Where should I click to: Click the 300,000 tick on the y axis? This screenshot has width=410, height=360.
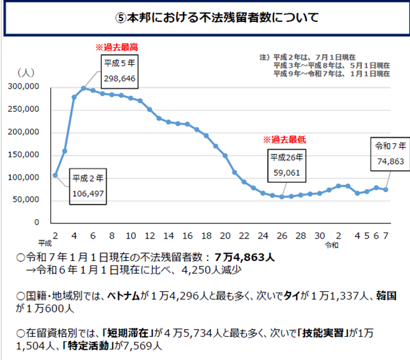25,87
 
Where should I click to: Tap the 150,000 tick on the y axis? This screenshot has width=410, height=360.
25,155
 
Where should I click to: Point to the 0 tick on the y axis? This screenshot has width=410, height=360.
36,223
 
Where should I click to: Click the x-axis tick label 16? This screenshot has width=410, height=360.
187,236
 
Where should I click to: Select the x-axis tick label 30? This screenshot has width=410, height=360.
320,236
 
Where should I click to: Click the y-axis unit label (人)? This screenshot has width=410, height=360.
26,72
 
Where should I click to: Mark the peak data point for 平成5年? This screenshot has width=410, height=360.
84,88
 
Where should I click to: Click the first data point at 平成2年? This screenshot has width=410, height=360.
55,175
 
